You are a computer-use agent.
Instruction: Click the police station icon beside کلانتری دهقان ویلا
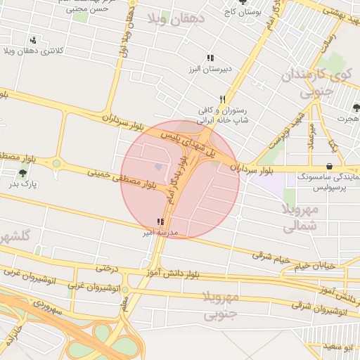coord(33,40)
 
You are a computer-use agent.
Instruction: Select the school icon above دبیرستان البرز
coord(209,58)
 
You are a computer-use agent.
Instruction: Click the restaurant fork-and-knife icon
coord(222,99)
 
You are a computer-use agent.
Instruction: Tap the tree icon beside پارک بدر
coord(22,174)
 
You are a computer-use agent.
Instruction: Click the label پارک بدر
coord(22,184)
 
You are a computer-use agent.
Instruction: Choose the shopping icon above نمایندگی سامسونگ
coord(330,165)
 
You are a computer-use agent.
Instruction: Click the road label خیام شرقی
coord(271,257)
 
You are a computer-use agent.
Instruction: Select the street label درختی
coord(105,268)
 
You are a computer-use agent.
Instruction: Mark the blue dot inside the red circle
coord(158,167)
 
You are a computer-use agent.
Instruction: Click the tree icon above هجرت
coord(356,108)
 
